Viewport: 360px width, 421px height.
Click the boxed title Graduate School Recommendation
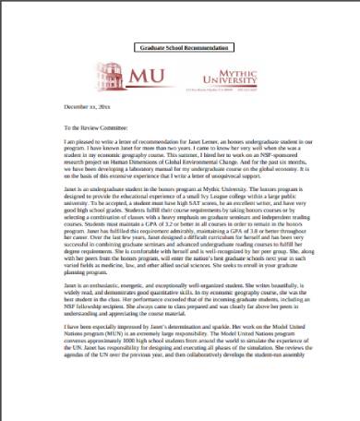[181, 45]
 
